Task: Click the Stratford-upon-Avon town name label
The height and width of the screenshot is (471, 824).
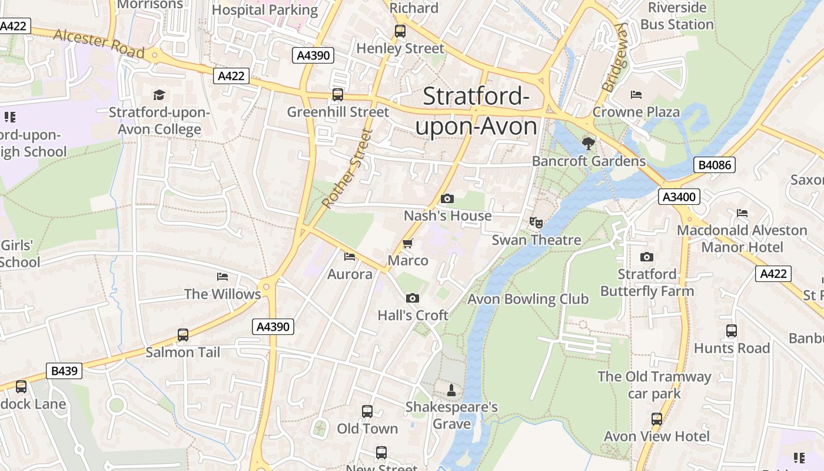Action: [476, 111]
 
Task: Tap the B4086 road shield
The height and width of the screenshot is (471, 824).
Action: [715, 165]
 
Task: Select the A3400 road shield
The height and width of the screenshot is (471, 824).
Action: [679, 197]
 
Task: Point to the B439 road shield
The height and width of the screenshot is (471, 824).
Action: [64, 371]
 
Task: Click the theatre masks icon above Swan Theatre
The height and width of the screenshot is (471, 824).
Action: [536, 223]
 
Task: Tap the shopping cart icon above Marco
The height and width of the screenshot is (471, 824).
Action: [407, 243]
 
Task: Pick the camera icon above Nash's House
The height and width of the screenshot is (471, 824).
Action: [447, 198]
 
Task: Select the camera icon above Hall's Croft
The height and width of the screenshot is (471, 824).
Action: [413, 298]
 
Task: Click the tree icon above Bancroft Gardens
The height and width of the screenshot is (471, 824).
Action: [587, 143]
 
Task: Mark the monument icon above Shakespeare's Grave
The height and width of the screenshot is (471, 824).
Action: [451, 390]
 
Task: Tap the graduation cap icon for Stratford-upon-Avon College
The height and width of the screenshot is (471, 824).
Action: [159, 95]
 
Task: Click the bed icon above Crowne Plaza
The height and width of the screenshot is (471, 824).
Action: [636, 94]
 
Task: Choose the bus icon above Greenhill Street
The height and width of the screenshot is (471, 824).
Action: [338, 94]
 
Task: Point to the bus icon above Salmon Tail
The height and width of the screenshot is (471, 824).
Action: [183, 335]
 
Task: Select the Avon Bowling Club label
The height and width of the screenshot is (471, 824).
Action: [528, 299]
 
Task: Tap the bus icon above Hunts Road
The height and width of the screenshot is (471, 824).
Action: [731, 331]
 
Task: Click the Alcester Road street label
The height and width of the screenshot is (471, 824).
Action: [99, 43]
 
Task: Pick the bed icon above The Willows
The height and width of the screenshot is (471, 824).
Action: [222, 276]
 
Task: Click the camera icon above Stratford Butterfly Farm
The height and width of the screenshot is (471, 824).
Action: [646, 257]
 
